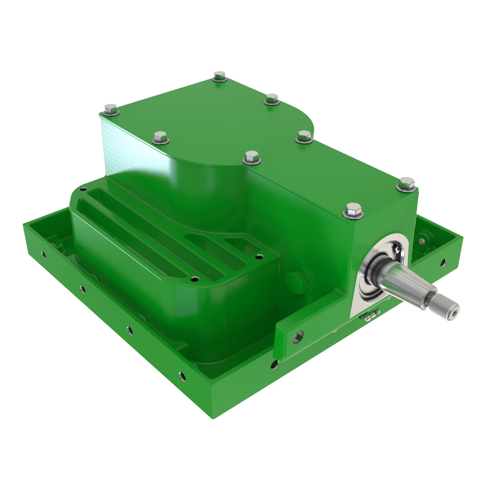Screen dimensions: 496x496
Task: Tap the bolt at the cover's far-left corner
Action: pos(111,109)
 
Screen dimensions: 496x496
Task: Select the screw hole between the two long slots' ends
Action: pos(195,279)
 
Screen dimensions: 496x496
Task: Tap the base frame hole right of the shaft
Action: pos(443,262)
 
